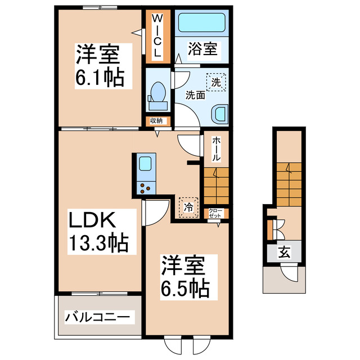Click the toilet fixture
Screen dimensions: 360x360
point(157,95)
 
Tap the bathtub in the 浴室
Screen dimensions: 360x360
point(201,24)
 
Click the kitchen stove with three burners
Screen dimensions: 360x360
point(145,188)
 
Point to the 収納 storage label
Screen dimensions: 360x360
point(156,120)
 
